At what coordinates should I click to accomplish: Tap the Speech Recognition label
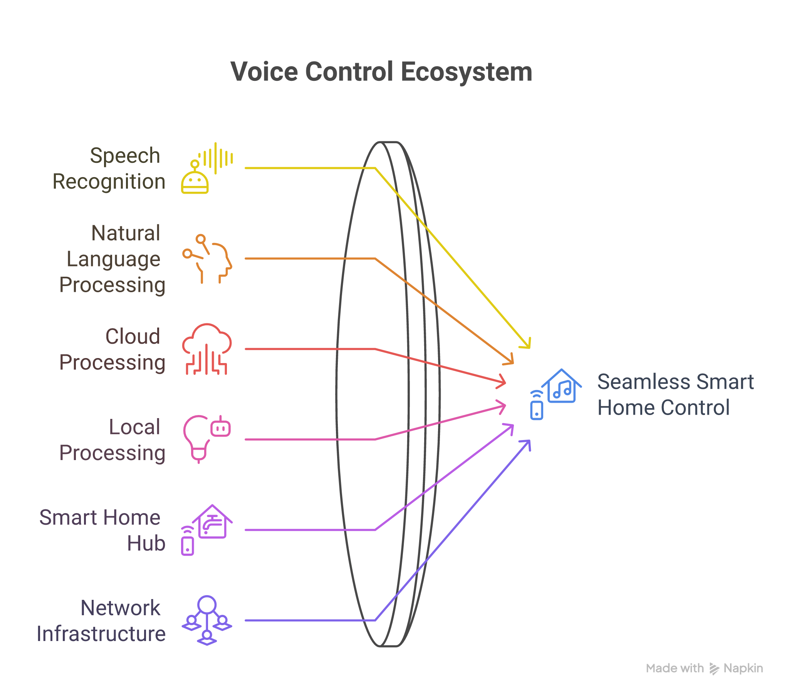(x=109, y=169)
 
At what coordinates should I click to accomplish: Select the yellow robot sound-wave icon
(x=207, y=169)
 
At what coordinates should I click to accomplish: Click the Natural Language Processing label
(x=113, y=259)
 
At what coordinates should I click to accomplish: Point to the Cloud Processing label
(x=113, y=349)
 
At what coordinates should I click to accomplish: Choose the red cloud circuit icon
(x=207, y=349)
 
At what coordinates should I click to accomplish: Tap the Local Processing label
(x=113, y=440)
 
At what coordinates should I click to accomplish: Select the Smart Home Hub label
(x=103, y=530)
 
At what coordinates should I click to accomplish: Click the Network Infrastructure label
(x=101, y=621)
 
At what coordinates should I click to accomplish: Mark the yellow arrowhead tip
(x=529, y=347)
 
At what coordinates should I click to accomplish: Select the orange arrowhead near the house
(x=512, y=362)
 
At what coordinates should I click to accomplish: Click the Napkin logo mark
(x=714, y=669)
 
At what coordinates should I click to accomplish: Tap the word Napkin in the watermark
(x=743, y=668)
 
